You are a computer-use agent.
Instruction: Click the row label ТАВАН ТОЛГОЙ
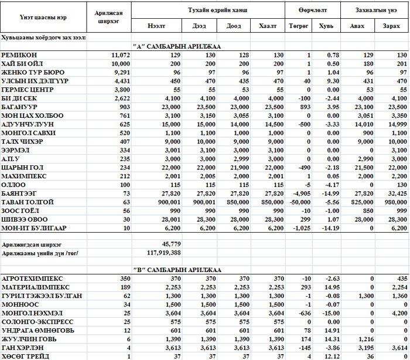(x=28, y=202)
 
